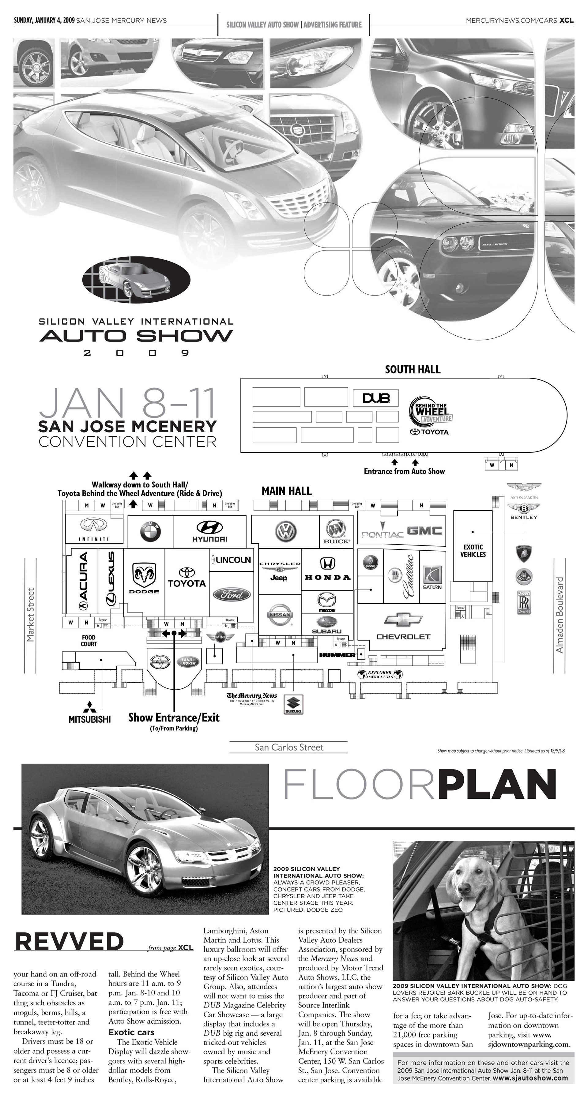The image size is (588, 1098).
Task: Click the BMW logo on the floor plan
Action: click(x=150, y=532)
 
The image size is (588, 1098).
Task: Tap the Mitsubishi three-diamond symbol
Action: click(x=90, y=706)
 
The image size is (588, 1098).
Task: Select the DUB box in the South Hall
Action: click(x=375, y=398)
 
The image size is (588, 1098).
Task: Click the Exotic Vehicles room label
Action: click(x=473, y=550)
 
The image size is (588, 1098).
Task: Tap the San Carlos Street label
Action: click(x=289, y=747)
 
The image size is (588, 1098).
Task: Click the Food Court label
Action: click(x=89, y=640)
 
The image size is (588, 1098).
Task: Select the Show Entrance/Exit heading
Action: click(x=174, y=717)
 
